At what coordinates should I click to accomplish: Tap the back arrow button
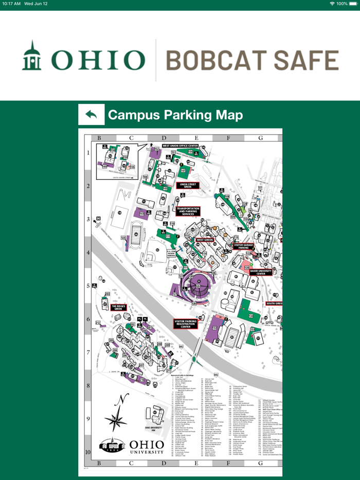pyautogui.click(x=92, y=115)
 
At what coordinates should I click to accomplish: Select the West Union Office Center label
pyautogui.click(x=180, y=145)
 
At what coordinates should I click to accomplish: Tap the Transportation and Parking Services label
pyautogui.click(x=187, y=211)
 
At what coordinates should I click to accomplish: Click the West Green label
pyautogui.click(x=205, y=240)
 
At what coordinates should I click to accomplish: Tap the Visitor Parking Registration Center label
pyautogui.click(x=186, y=324)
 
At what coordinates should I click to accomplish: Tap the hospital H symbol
pyautogui.click(x=98, y=219)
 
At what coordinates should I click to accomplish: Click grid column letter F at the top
pyautogui.click(x=228, y=138)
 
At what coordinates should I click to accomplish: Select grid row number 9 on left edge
pyautogui.click(x=88, y=419)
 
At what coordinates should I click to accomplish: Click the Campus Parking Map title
pyautogui.click(x=175, y=115)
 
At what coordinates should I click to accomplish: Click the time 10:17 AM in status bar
pyautogui.click(x=11, y=4)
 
